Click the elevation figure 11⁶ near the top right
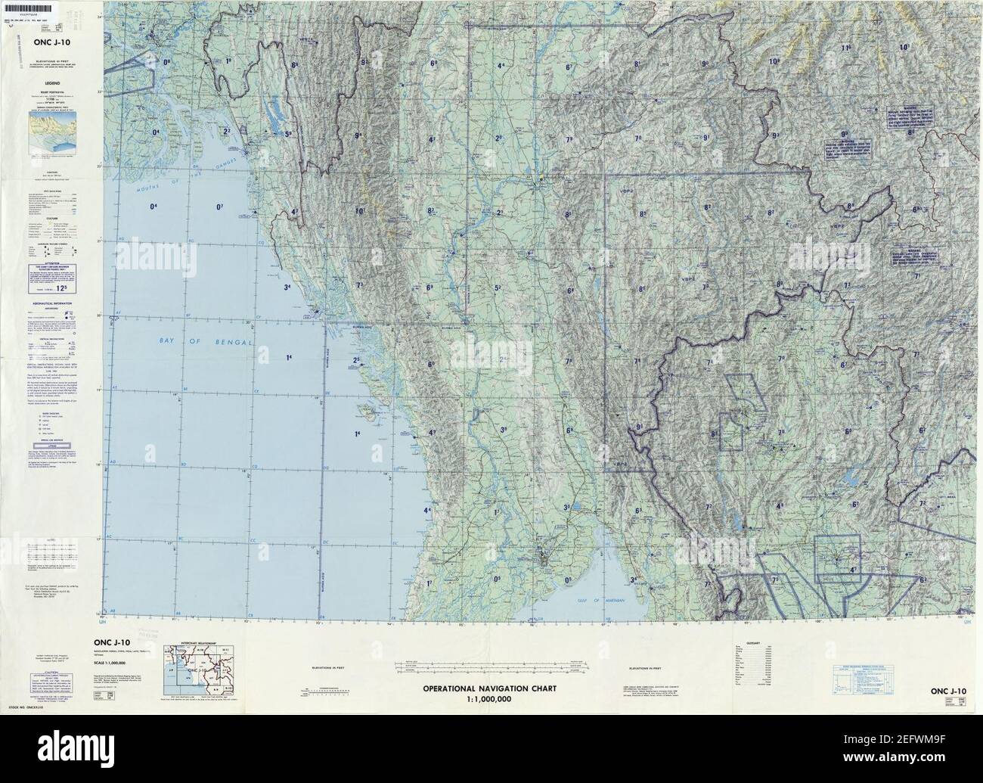tap(845, 48)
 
